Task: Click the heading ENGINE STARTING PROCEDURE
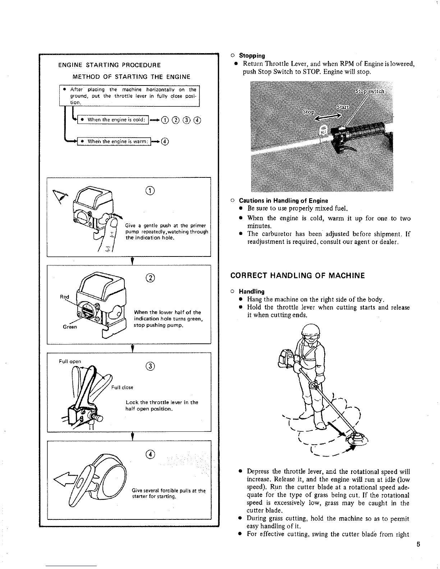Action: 109,65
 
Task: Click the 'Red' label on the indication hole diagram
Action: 64,297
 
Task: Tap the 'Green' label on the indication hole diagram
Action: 70,327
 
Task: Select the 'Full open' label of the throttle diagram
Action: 70,361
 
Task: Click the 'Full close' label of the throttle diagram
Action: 122,387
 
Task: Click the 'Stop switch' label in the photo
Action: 370,91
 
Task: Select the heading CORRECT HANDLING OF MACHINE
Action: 297,276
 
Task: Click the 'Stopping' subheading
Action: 252,56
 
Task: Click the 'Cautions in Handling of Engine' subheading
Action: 283,201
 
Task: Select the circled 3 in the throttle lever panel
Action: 151,366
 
